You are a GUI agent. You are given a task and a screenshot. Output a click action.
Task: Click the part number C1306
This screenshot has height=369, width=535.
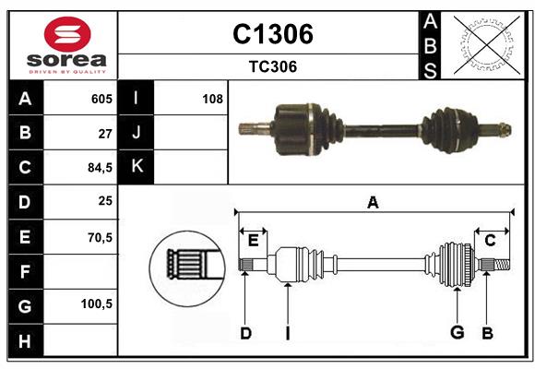pyautogui.click(x=272, y=34)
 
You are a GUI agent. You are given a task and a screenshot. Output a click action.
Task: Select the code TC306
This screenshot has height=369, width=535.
pyautogui.click(x=272, y=66)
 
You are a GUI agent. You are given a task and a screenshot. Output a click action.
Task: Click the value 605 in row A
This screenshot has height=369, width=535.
pyautogui.click(x=101, y=98)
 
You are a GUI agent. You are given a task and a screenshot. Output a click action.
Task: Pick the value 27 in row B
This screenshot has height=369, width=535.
pyautogui.click(x=104, y=133)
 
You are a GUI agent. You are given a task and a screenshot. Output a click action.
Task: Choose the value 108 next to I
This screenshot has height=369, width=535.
pyautogui.click(x=212, y=98)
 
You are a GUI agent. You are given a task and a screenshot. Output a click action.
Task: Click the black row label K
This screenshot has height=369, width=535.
pyautogui.click(x=137, y=167)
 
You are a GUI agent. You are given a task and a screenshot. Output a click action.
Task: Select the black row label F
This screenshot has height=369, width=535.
pyautogui.click(x=25, y=271)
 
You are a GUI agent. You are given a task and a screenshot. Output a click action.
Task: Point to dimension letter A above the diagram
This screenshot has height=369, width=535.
pyautogui.click(x=373, y=203)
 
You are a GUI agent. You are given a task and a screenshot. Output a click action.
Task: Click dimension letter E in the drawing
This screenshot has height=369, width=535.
pyautogui.click(x=253, y=241)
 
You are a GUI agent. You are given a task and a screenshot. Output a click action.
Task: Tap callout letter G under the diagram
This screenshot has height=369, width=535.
pyautogui.click(x=456, y=333)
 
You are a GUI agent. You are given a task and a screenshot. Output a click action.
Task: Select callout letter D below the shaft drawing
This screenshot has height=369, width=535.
pyautogui.click(x=245, y=333)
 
